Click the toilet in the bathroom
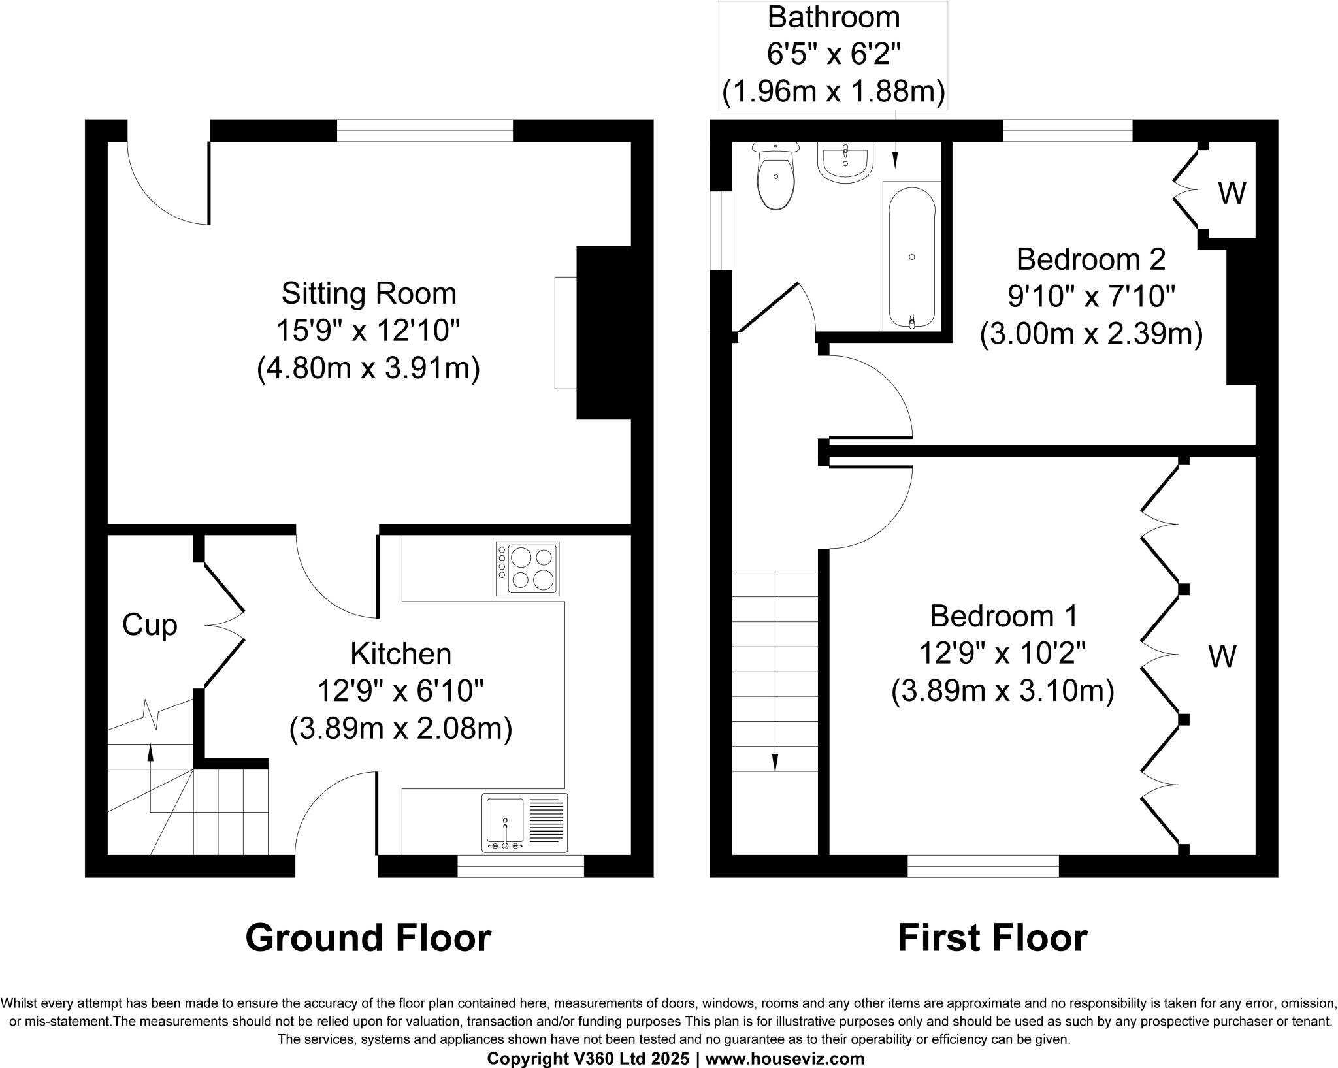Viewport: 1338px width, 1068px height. point(775,180)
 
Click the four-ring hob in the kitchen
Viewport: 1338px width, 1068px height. point(528,568)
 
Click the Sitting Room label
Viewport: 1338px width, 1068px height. point(368,293)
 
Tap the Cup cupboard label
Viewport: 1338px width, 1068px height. point(150,625)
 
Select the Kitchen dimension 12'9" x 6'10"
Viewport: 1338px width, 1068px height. point(400,690)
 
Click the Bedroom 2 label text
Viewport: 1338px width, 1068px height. point(1090,259)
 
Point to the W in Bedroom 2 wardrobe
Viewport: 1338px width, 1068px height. point(1232,193)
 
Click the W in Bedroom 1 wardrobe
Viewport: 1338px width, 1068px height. point(1222,656)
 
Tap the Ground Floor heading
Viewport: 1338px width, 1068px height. point(368,938)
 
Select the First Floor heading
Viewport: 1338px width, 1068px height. point(992,938)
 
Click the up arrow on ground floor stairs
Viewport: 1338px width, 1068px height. point(151,753)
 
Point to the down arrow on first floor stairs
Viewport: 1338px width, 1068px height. point(775,762)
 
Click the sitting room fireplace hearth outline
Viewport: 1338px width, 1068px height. point(566,333)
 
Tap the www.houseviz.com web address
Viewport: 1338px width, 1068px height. point(785,1058)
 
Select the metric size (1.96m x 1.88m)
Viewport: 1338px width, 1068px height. point(833,93)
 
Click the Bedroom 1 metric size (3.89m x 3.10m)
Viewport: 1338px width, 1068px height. point(1002,690)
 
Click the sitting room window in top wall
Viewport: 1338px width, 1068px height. point(425,131)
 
